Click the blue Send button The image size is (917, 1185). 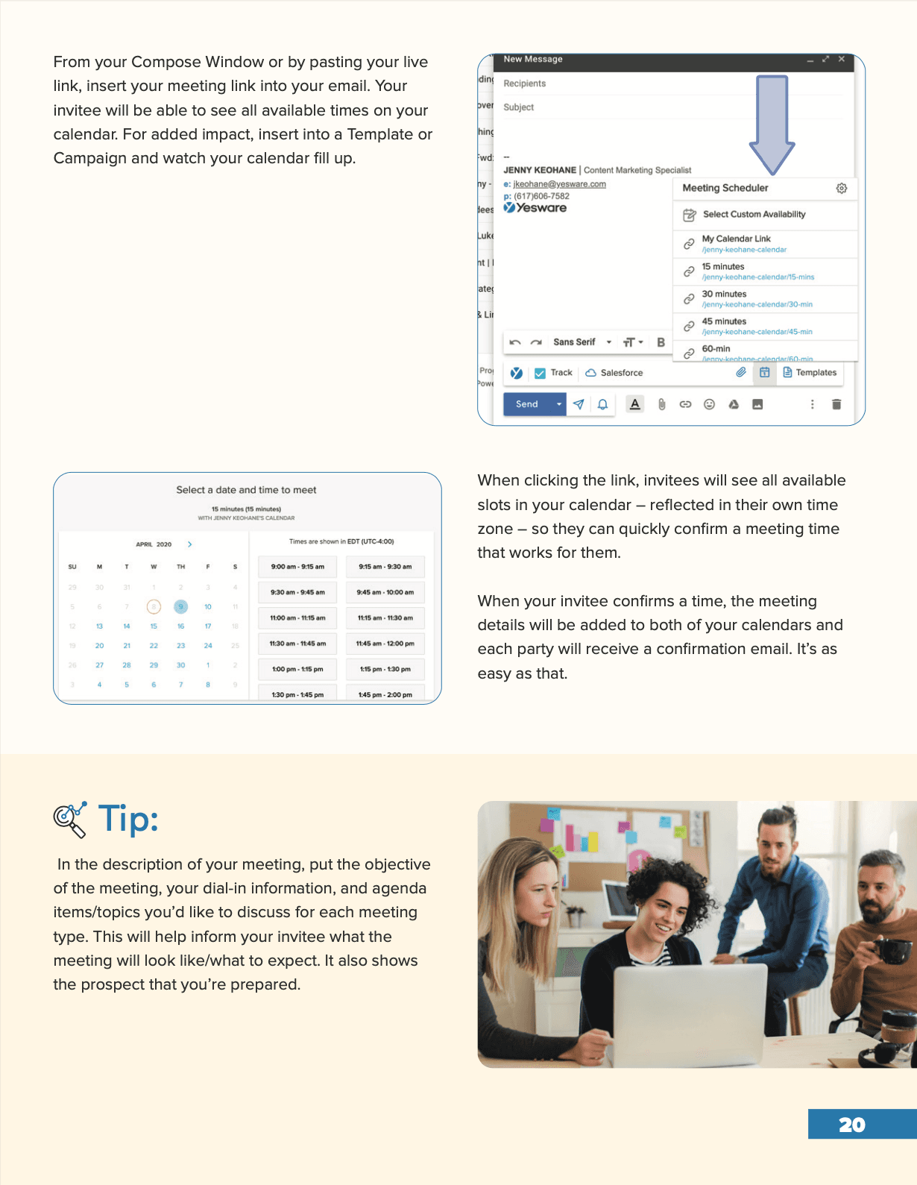pos(526,404)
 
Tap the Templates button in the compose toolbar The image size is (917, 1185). pos(810,372)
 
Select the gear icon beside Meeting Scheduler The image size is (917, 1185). pos(841,188)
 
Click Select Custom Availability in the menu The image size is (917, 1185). pos(754,214)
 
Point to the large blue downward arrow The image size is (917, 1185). pos(772,123)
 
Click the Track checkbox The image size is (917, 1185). pos(540,373)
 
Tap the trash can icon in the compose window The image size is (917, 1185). pos(836,404)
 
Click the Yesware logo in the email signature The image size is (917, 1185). pos(535,208)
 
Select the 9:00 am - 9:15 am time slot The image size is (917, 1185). pos(297,567)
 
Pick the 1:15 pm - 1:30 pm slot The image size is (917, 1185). pos(385,669)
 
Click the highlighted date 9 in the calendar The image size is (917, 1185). pos(180,606)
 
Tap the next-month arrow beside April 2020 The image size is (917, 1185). pos(190,544)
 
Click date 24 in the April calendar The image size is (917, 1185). pos(208,646)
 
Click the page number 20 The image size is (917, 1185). pos(852,1125)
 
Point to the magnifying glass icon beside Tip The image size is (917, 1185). pos(69,820)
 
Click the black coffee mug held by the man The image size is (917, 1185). pos(890,950)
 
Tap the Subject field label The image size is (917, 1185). pos(519,107)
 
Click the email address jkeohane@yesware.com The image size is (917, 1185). pos(559,184)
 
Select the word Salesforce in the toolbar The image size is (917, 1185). pos(621,373)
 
